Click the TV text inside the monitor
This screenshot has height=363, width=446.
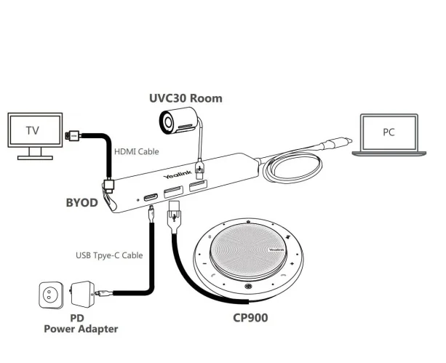click(x=32, y=131)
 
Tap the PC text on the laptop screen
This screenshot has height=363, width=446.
click(x=390, y=132)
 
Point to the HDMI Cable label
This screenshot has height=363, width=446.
click(x=136, y=151)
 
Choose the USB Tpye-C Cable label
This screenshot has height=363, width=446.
click(x=109, y=255)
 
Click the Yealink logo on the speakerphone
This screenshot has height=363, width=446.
click(x=276, y=249)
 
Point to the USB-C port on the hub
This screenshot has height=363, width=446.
click(x=151, y=197)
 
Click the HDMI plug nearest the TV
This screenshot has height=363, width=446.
click(x=73, y=135)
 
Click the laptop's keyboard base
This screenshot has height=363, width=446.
click(x=389, y=153)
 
